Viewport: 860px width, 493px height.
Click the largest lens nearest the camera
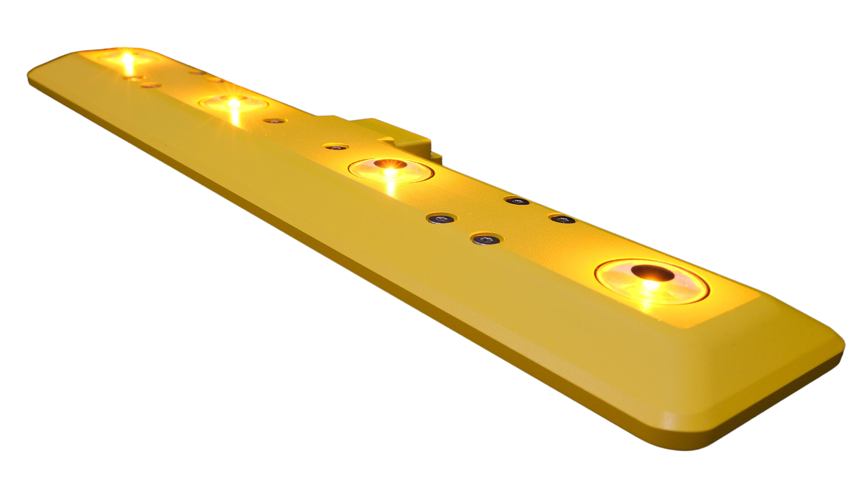[x=652, y=282]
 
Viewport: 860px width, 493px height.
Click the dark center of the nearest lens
[x=648, y=272]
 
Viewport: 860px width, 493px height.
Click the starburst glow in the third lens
[x=233, y=103]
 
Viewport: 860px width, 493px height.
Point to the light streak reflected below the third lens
[x=235, y=118]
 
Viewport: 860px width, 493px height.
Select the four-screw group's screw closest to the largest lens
[x=563, y=220]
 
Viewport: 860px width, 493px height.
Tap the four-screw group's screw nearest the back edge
[x=516, y=201]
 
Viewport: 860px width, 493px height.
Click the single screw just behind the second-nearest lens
[x=335, y=147]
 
